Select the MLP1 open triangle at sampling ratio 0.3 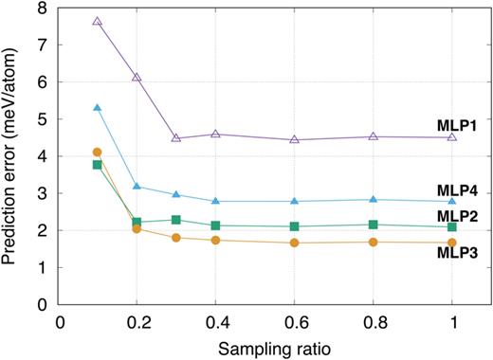click(x=176, y=138)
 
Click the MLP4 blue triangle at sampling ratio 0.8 click(x=374, y=199)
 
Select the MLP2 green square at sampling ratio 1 click(x=452, y=226)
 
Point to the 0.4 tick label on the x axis click(x=215, y=321)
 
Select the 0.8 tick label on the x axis click(x=374, y=321)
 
